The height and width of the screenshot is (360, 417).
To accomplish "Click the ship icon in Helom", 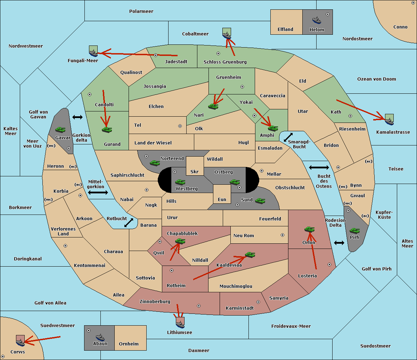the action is [317, 20].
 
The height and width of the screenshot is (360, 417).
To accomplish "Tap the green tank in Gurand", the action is [107, 129].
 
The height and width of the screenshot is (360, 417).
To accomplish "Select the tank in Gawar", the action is [60, 129].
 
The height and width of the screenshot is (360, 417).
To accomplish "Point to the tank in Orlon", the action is [310, 229].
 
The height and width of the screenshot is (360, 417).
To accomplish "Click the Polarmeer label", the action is [141, 11].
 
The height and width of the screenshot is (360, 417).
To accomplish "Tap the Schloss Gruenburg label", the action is [225, 62].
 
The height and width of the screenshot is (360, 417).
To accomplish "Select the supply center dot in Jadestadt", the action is [156, 55].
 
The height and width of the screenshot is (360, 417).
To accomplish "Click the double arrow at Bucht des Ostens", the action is [319, 167].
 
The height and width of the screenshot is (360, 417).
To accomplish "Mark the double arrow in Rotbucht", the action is [129, 223].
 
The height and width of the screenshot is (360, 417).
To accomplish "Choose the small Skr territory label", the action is [195, 171].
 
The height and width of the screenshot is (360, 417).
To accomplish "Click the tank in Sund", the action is [260, 201].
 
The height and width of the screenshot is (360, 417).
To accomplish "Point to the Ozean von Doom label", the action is [377, 79].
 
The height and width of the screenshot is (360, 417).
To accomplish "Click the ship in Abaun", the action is [100, 337].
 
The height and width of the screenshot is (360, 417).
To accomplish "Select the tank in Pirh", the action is [354, 231].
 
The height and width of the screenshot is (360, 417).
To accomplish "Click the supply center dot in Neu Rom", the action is [283, 235].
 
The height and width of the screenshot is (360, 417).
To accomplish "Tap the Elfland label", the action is [285, 30].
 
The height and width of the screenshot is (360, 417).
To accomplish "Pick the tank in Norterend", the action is [155, 163].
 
